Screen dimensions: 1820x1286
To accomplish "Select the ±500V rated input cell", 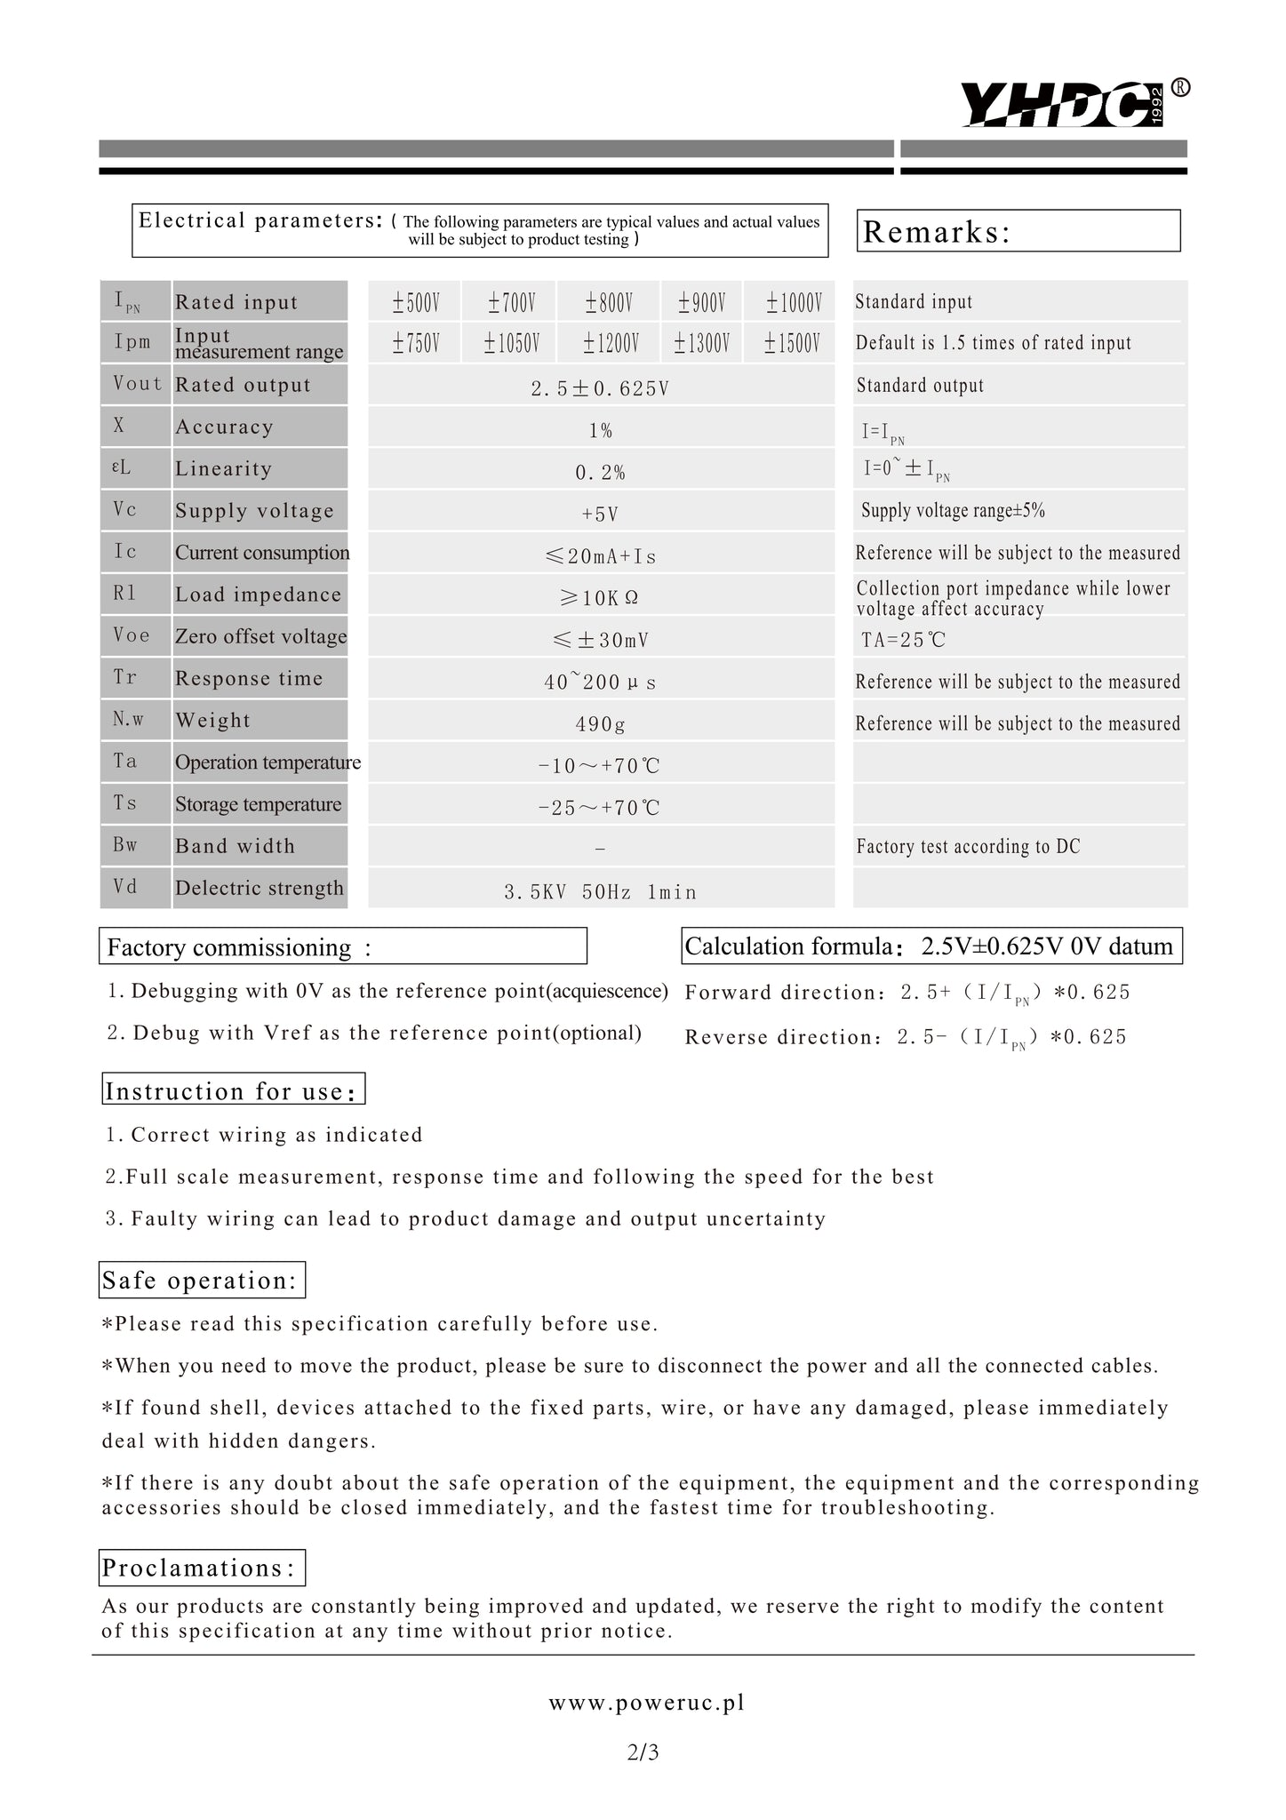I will (416, 303).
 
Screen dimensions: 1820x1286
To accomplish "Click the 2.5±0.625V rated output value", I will (600, 388).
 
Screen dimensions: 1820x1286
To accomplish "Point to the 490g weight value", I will (600, 724).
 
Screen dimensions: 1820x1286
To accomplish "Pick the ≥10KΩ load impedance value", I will (600, 598).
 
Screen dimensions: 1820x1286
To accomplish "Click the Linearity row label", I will (224, 469).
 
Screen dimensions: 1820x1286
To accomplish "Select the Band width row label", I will (235, 846).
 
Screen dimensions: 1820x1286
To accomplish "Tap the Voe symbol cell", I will (132, 635).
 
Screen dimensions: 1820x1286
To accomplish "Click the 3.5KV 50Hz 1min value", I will (600, 892).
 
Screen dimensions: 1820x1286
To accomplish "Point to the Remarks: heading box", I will (1018, 231).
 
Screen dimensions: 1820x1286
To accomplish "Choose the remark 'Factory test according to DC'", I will (968, 847).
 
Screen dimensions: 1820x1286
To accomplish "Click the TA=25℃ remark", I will (903, 640).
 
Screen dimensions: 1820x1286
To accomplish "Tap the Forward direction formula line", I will (907, 993).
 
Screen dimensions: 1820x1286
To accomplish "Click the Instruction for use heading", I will (233, 1090).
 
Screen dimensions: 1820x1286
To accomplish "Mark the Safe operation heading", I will (202, 1281).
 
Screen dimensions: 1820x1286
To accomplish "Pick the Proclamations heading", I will (201, 1568).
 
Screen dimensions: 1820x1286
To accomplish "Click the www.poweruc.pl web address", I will (646, 1703).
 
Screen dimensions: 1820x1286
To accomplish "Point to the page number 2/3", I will (643, 1752).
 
